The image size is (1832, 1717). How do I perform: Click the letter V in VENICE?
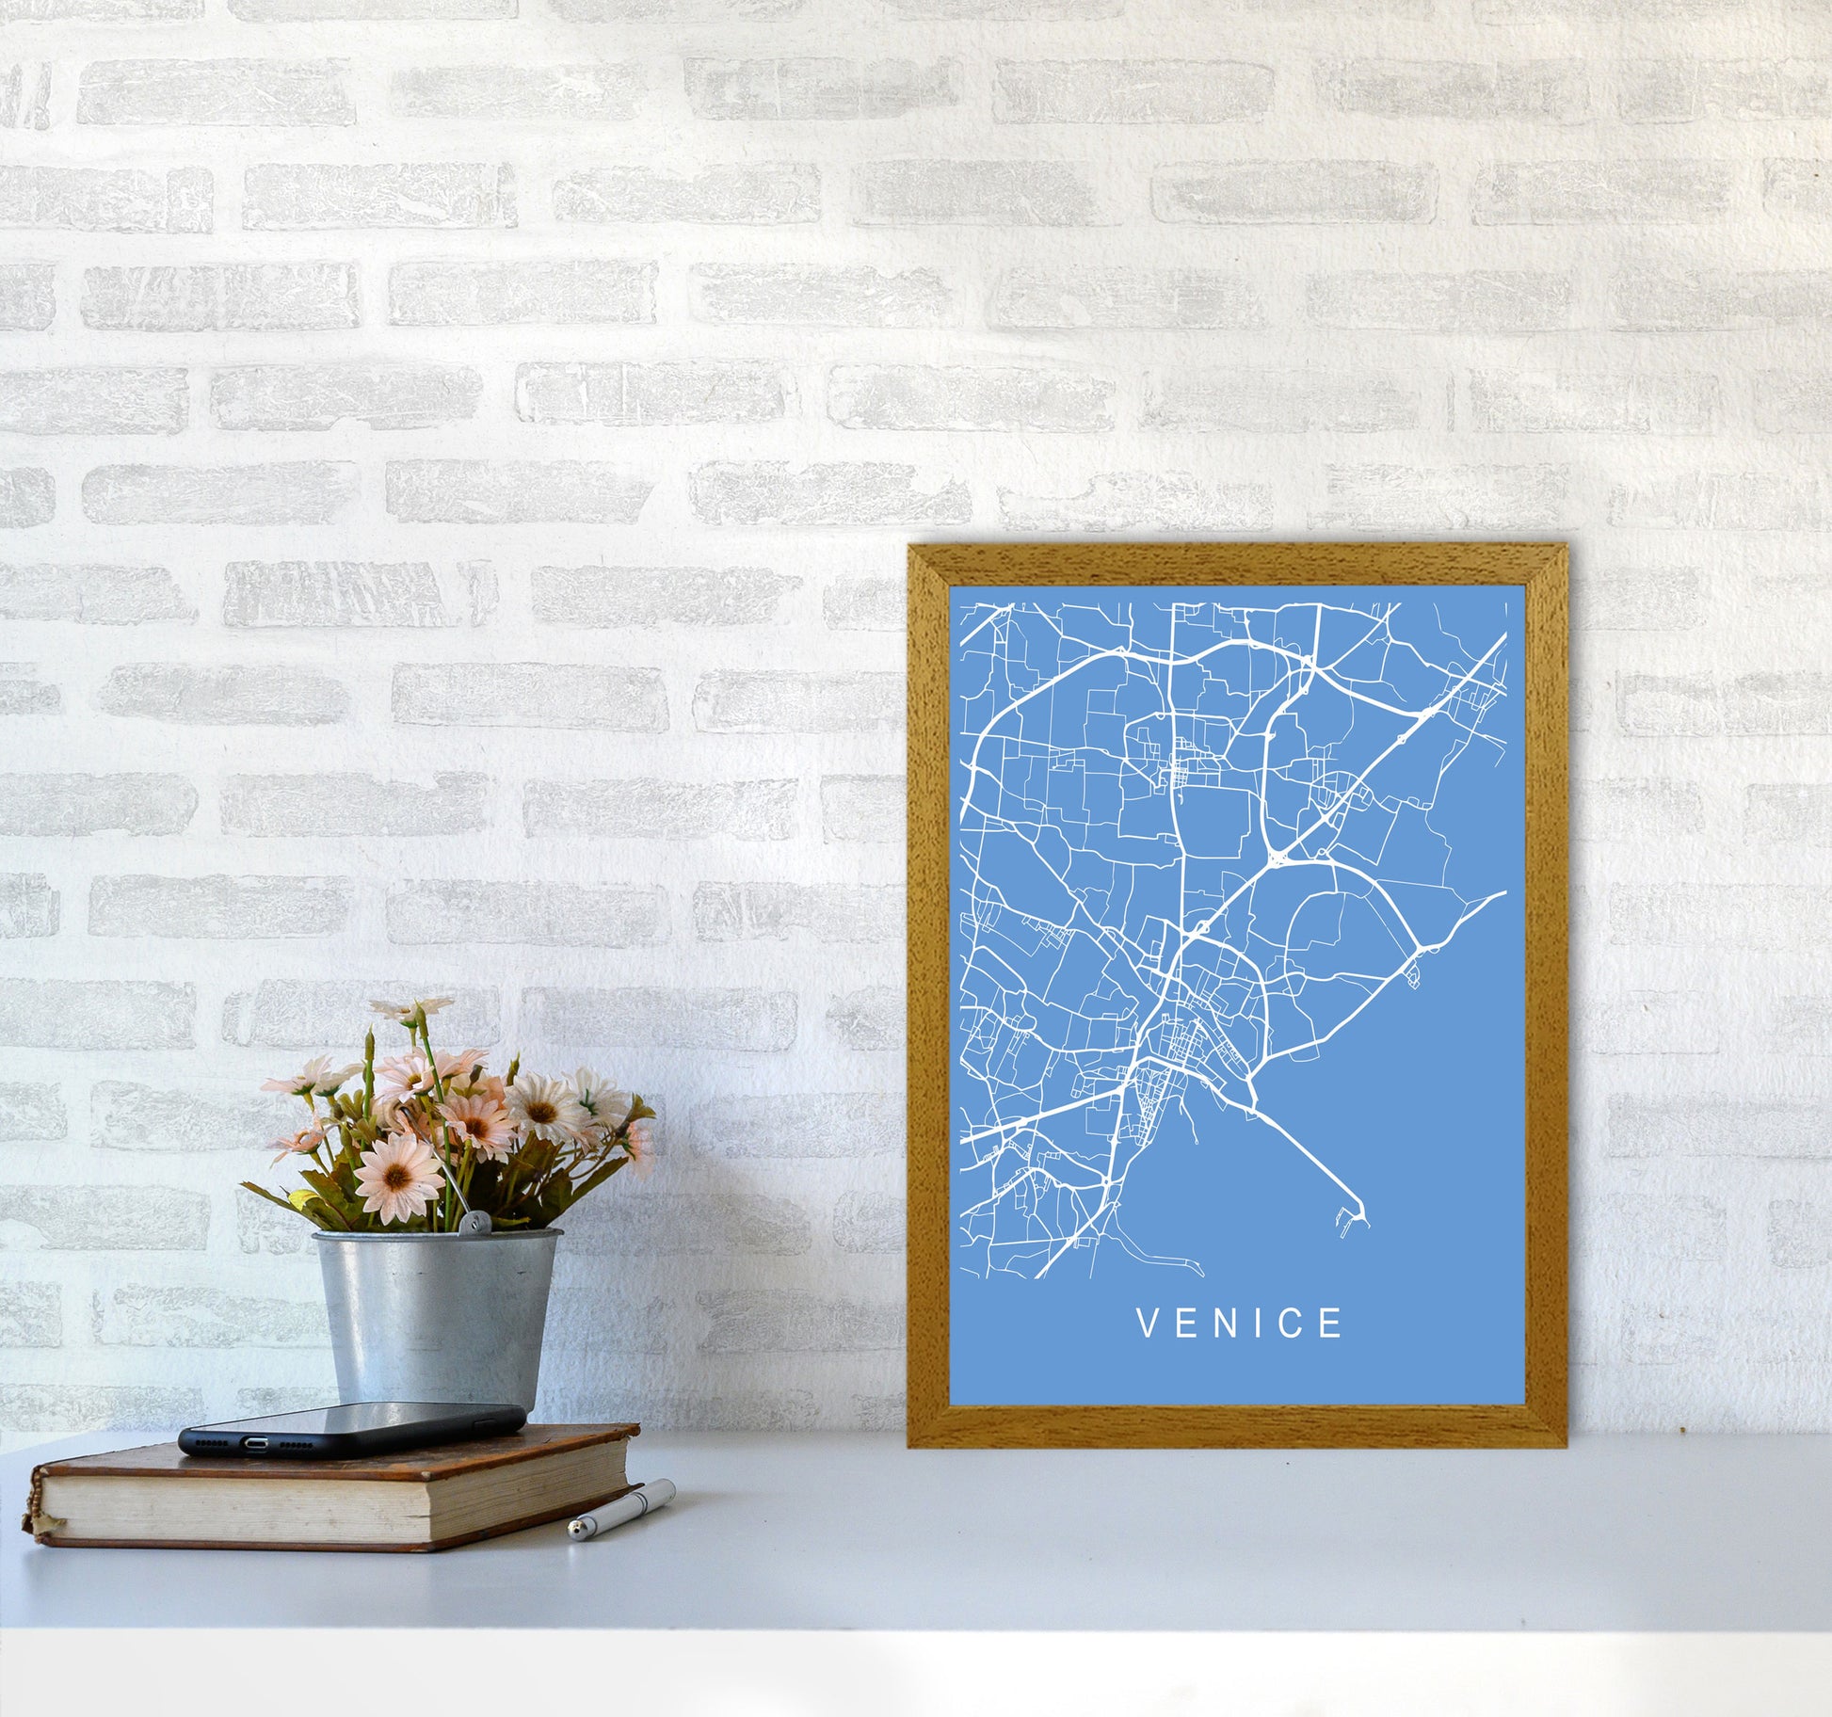(x=1149, y=1324)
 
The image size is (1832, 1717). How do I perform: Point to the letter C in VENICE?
(x=1292, y=1324)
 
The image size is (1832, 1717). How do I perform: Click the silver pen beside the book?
(x=622, y=1509)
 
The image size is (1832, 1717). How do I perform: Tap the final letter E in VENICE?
(x=1331, y=1324)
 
